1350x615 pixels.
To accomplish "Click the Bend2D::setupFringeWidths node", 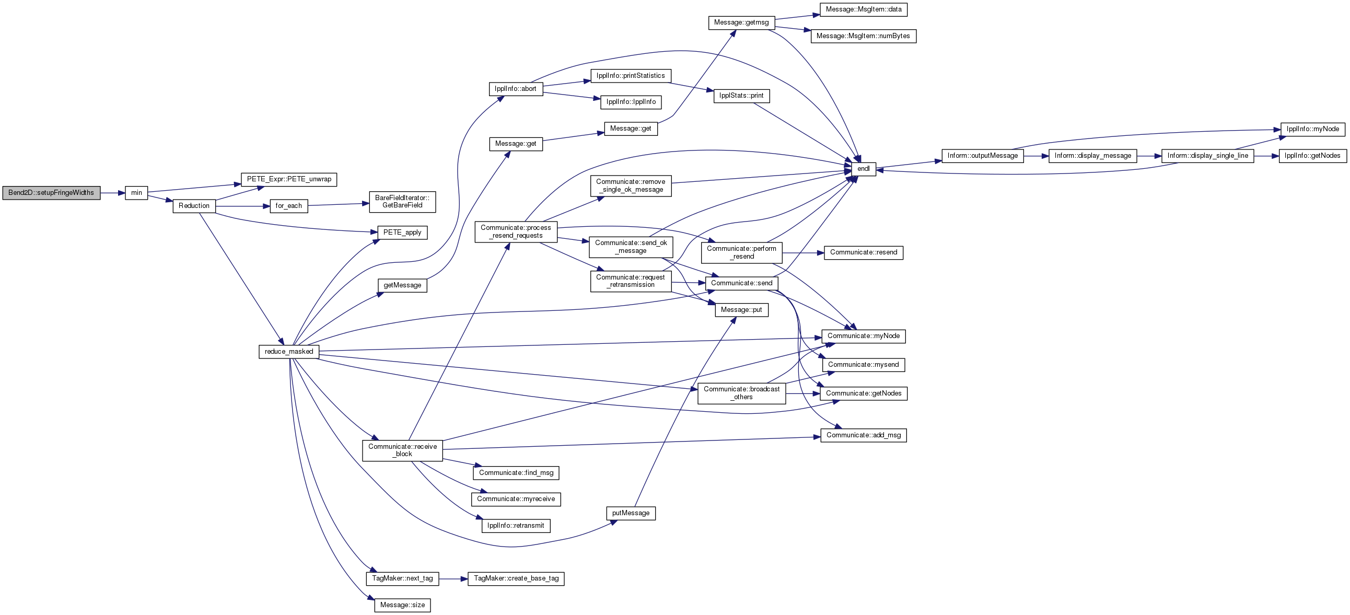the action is click(x=51, y=193).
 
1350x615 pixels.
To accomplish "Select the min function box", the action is click(x=136, y=193).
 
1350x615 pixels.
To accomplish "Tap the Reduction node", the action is click(x=194, y=206).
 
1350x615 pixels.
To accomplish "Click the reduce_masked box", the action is click(x=289, y=352).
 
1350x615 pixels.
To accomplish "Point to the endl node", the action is click(x=863, y=169).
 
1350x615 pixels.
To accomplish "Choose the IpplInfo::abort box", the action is click(x=516, y=89).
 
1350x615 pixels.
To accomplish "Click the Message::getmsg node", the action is click(x=741, y=23).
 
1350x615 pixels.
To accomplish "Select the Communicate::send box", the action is click(x=741, y=283).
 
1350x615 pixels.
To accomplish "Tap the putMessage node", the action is click(x=631, y=513).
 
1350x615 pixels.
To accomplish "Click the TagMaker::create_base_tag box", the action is click(x=516, y=579).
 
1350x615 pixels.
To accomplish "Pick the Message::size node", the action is click(x=402, y=605).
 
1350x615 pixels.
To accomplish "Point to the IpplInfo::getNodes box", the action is click(x=1313, y=156).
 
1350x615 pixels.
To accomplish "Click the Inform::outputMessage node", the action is click(x=983, y=156).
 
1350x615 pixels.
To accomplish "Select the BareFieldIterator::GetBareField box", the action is click(x=402, y=202).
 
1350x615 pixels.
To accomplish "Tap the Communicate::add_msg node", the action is click(x=864, y=435).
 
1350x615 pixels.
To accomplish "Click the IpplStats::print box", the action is click(x=741, y=96).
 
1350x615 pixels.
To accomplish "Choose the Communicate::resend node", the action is click(x=864, y=253).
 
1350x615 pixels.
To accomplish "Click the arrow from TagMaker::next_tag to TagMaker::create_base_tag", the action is click(x=453, y=579).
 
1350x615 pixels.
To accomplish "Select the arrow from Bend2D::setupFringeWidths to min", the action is click(x=113, y=193).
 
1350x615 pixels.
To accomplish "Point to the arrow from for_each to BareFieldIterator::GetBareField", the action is click(x=339, y=204).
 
